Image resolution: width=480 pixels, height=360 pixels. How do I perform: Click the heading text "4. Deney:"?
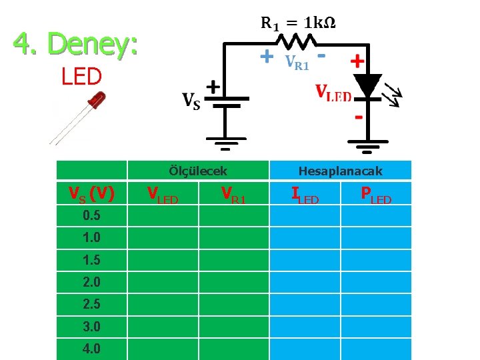point(76,45)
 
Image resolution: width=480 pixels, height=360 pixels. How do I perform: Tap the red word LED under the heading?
point(81,77)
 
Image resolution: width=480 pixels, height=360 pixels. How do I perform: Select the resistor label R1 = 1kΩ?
point(297,23)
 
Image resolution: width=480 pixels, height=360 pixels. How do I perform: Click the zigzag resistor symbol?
point(299,43)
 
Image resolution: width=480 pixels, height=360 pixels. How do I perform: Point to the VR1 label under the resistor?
point(297,63)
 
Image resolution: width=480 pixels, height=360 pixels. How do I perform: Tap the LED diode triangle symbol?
point(367,85)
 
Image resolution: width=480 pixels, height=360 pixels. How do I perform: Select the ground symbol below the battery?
point(225,141)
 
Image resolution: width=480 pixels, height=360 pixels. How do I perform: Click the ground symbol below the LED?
point(367,143)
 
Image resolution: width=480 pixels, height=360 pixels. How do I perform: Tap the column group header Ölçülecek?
point(199,171)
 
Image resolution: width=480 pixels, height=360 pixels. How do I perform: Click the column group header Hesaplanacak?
point(340,171)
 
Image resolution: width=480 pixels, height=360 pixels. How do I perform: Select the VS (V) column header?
point(93,194)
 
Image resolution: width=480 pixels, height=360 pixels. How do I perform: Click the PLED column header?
point(375,195)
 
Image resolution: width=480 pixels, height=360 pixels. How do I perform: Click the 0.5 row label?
point(93,216)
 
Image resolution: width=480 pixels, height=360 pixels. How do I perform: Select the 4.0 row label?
point(93,349)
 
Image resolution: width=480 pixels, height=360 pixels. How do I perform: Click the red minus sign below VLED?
point(358,118)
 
